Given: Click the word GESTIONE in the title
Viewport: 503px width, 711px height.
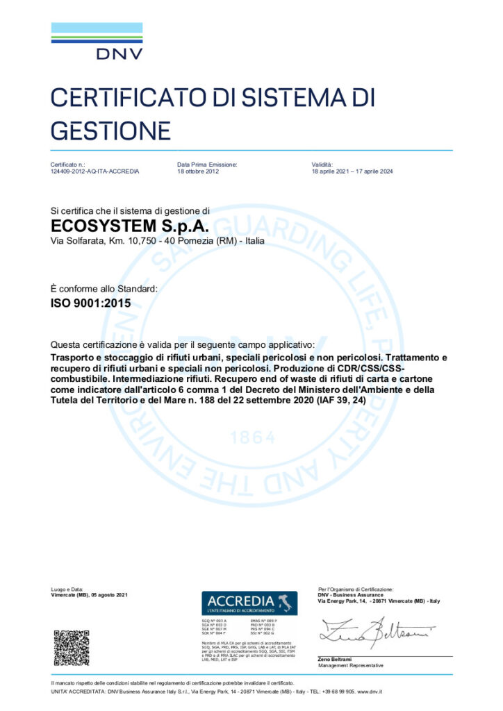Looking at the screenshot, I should click(110, 129).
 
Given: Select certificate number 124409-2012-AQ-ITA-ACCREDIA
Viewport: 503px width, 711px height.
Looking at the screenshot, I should click(95, 171).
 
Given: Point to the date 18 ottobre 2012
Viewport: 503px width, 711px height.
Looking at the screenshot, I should click(198, 171).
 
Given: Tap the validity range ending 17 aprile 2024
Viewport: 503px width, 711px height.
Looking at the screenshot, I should click(353, 171).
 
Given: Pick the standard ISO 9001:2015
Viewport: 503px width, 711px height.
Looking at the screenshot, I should click(91, 303).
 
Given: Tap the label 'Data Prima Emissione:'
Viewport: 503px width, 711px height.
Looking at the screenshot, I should click(207, 164).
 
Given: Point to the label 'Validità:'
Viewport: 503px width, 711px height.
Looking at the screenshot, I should click(323, 164).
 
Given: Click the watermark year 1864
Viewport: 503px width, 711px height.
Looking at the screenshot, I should click(251, 438).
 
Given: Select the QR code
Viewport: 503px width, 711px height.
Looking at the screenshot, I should click(72, 647).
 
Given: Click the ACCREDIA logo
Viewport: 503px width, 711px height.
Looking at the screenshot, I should click(249, 601).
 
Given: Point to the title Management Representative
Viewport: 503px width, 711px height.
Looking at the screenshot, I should click(351, 666).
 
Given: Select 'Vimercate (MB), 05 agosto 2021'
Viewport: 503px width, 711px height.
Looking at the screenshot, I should click(90, 595).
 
